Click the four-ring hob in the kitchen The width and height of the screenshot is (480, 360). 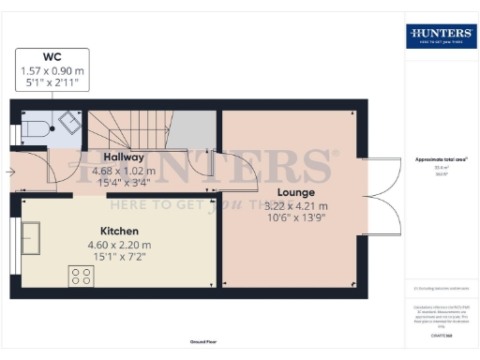pyautogui.click(x=80, y=276)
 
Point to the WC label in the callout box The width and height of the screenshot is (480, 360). pyautogui.click(x=52, y=57)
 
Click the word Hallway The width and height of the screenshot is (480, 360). pyautogui.click(x=124, y=157)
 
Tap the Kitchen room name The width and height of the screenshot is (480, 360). pyautogui.click(x=119, y=231)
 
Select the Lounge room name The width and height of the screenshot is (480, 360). pyautogui.click(x=294, y=192)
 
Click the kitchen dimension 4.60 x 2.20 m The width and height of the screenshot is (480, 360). pyautogui.click(x=119, y=245)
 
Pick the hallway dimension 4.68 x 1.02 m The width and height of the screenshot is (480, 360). pyautogui.click(x=124, y=172)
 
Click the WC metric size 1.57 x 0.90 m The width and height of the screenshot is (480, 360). pyautogui.click(x=52, y=71)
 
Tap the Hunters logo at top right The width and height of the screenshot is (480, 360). pyautogui.click(x=441, y=37)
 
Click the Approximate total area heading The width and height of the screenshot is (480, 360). pyautogui.click(x=441, y=160)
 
